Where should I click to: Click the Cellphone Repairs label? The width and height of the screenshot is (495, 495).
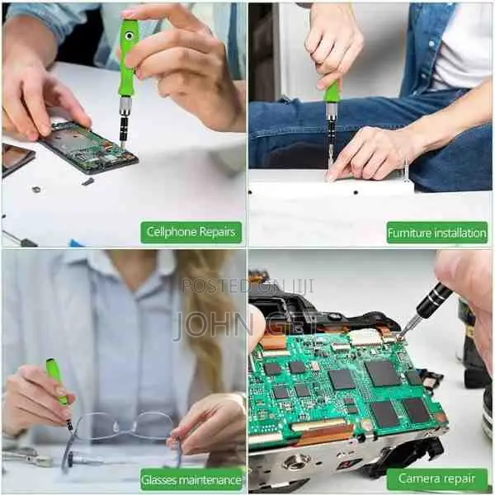click(191, 232)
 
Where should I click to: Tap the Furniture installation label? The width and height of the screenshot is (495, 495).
click(437, 233)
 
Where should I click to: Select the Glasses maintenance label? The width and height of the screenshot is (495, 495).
click(191, 478)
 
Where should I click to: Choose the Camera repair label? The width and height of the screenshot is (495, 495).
click(437, 478)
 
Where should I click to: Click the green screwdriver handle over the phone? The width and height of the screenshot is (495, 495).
click(128, 58)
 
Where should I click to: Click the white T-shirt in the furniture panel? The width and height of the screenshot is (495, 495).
click(466, 49)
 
